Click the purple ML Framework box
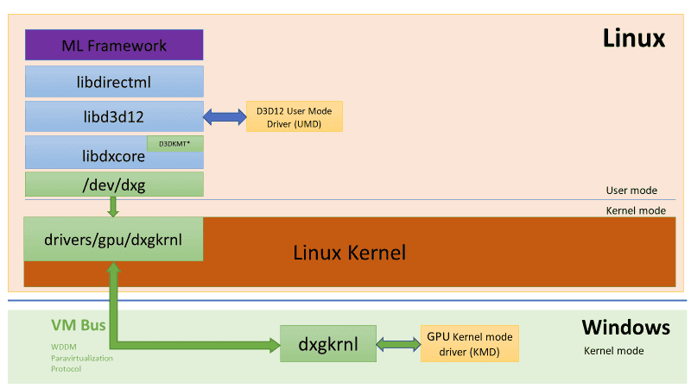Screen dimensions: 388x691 (114, 45)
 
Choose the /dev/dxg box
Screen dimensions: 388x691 (114, 184)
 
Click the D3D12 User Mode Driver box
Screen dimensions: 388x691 (294, 116)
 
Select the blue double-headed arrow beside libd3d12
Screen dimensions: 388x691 (225, 116)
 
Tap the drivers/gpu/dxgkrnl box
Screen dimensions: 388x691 (114, 238)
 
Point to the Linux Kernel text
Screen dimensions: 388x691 (349, 253)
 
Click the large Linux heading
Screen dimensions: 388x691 (633, 39)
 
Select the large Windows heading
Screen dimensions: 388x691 (625, 328)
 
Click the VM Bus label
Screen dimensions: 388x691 (78, 326)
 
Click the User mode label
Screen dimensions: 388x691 (631, 191)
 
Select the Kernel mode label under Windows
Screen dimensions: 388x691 (613, 351)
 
